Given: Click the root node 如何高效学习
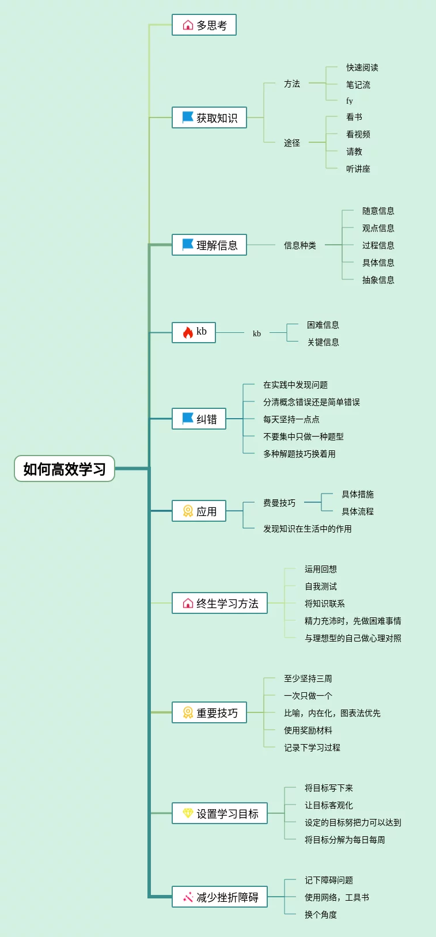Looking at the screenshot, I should pyautogui.click(x=65, y=469).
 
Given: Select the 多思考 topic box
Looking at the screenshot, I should pyautogui.click(x=204, y=25).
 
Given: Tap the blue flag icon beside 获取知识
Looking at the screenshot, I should pyautogui.click(x=188, y=117).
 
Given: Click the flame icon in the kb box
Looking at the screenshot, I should pyautogui.click(x=188, y=332).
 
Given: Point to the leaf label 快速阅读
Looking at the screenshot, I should pyautogui.click(x=362, y=67).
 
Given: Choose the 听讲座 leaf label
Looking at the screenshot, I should pyautogui.click(x=358, y=169).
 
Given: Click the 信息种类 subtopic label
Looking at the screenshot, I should pyautogui.click(x=299, y=245).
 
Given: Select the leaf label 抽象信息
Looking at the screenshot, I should pyautogui.click(x=378, y=280).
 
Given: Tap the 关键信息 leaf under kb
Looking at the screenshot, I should pyautogui.click(x=323, y=342).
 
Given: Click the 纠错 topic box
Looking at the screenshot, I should pyautogui.click(x=199, y=419).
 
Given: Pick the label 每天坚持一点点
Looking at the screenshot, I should pyautogui.click(x=291, y=419).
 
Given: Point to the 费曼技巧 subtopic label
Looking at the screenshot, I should pyautogui.click(x=279, y=503).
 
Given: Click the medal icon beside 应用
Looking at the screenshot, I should pyautogui.click(x=188, y=511).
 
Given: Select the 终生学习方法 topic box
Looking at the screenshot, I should pyautogui.click(x=219, y=603).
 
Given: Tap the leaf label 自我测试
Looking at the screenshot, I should pyautogui.click(x=320, y=586).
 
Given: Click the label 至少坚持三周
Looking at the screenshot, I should pyautogui.click(x=308, y=678).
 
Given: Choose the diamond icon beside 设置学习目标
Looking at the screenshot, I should pyautogui.click(x=188, y=813).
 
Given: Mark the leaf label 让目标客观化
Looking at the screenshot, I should pyautogui.click(x=328, y=805).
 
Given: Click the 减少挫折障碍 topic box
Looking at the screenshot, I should pyautogui.click(x=219, y=897).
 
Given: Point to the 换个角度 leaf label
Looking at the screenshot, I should pyautogui.click(x=320, y=915).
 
